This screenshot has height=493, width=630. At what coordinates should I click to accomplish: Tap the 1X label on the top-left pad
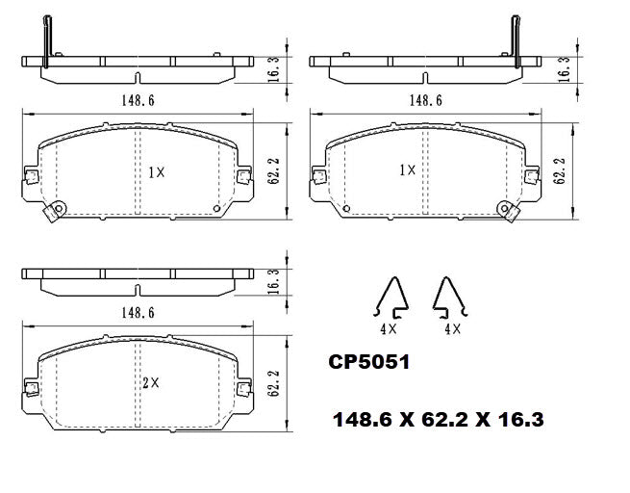pos(157,172)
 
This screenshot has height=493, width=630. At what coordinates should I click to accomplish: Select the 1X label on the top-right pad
pos(407,169)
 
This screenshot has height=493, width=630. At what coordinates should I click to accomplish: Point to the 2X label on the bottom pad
pos(149,382)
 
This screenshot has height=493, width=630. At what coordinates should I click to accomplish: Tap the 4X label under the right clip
pos(453,328)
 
